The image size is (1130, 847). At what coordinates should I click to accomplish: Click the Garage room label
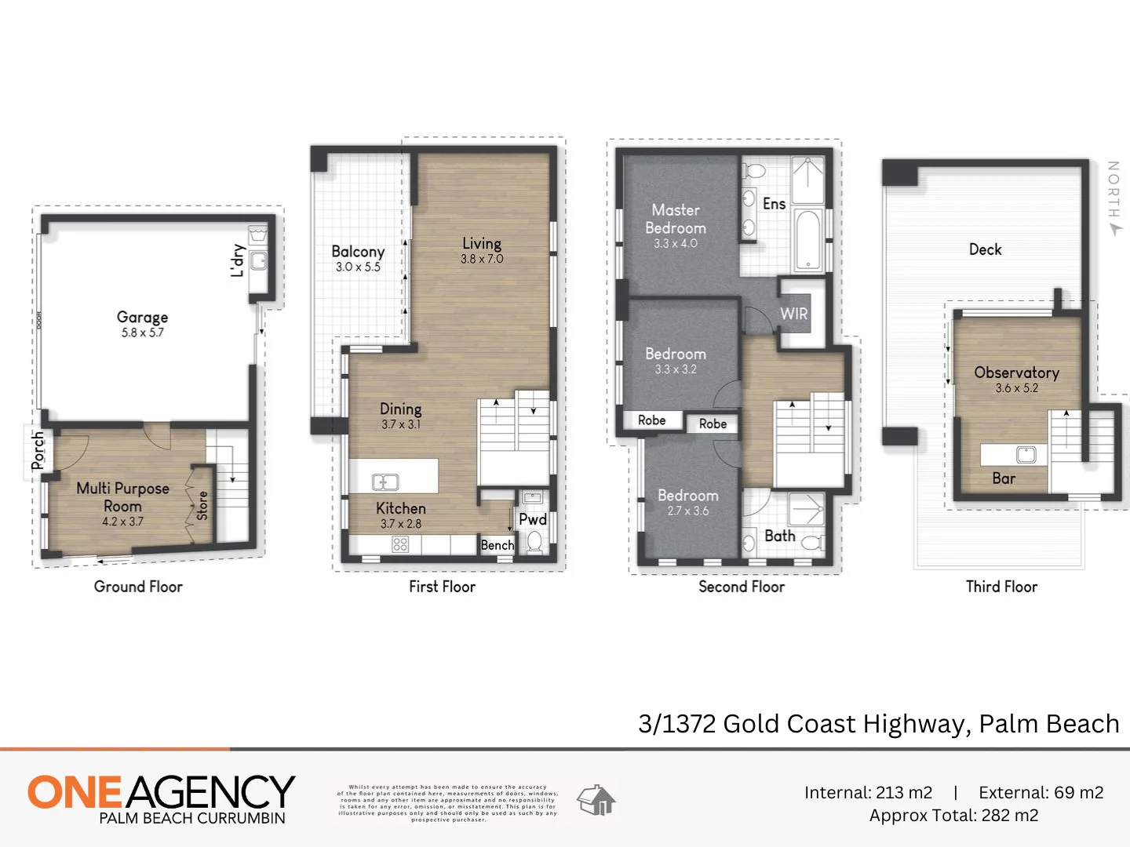click(x=142, y=317)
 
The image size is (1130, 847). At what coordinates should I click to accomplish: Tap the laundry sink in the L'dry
click(x=258, y=260)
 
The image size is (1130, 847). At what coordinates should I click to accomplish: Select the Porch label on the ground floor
click(x=38, y=451)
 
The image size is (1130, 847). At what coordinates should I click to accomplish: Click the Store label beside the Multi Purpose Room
click(x=202, y=506)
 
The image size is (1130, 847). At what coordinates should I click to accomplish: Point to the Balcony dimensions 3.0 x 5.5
click(x=358, y=267)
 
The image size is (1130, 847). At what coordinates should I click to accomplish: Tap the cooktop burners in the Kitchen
click(x=400, y=544)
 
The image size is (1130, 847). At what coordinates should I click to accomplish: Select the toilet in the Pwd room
click(x=534, y=541)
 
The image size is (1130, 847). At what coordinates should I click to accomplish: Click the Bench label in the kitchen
click(x=498, y=545)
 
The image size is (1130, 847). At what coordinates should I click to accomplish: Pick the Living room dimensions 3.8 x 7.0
click(x=482, y=260)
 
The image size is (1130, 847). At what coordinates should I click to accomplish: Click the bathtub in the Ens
click(x=807, y=239)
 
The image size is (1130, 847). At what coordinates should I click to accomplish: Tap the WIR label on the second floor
click(x=793, y=314)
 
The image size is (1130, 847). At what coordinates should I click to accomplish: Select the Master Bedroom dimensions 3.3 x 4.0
click(x=676, y=244)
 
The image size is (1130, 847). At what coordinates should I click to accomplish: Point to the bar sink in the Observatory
click(x=1026, y=454)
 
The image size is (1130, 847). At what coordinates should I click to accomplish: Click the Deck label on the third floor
click(x=985, y=249)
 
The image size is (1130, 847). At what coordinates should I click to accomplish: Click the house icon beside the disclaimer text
click(x=596, y=801)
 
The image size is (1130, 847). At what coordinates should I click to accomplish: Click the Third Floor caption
click(x=1001, y=587)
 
